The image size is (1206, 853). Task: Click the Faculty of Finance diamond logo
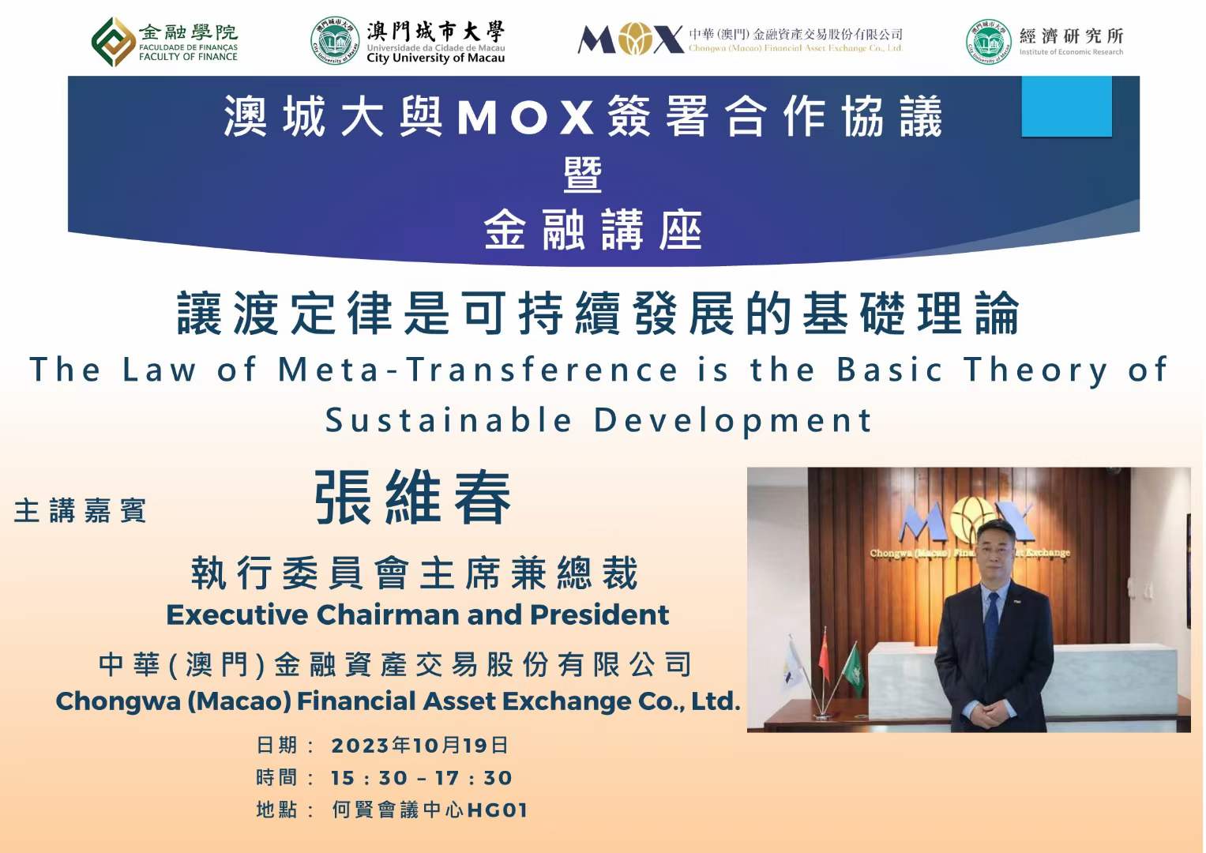coord(113,42)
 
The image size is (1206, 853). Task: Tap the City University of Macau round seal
coord(335,41)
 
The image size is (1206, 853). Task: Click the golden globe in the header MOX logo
coord(635,39)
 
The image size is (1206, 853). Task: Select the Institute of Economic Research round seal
coord(989,42)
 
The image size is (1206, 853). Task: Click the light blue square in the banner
coord(1066,106)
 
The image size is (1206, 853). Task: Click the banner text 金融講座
coord(593,230)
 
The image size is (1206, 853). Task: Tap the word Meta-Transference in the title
coord(478,370)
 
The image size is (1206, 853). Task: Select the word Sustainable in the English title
coord(449,420)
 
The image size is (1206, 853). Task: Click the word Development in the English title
coord(733,421)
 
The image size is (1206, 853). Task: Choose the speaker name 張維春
coord(412,497)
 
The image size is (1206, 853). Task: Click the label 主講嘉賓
coord(80,510)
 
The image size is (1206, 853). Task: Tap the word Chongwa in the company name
coord(118,701)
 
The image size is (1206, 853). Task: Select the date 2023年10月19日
coord(419,746)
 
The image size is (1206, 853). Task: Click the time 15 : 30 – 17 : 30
coord(421,778)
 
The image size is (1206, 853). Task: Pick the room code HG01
coord(497,810)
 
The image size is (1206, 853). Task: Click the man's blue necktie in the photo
coord(992,624)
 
